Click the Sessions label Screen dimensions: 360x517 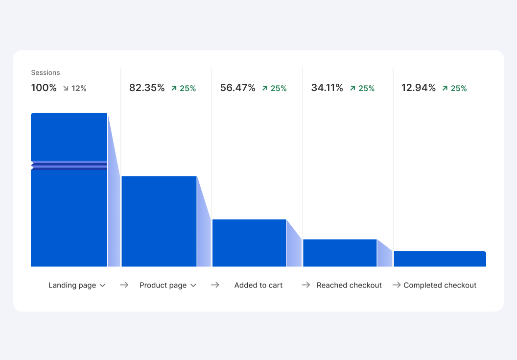[x=46, y=72]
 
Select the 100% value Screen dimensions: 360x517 [x=44, y=88]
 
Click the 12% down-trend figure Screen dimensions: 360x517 [x=75, y=89]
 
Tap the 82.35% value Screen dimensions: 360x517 [x=147, y=88]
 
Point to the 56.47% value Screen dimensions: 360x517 [x=238, y=88]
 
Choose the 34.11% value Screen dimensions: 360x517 [x=327, y=88]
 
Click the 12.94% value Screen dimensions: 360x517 [x=419, y=88]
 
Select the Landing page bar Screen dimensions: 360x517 [x=69, y=216]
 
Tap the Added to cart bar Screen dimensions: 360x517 [x=249, y=243]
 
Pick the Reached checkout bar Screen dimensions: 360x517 [x=340, y=253]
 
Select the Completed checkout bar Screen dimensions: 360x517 [x=440, y=259]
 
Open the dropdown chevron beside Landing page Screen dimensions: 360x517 [x=102, y=286]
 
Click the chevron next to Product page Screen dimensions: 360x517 [x=193, y=286]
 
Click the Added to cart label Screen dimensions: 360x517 [x=258, y=285]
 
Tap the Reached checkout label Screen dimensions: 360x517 [x=349, y=285]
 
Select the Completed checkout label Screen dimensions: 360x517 [x=440, y=285]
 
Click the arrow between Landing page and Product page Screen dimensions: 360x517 [x=124, y=285]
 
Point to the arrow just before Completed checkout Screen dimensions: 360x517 [x=397, y=285]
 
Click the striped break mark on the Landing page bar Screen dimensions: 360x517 [x=69, y=165]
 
